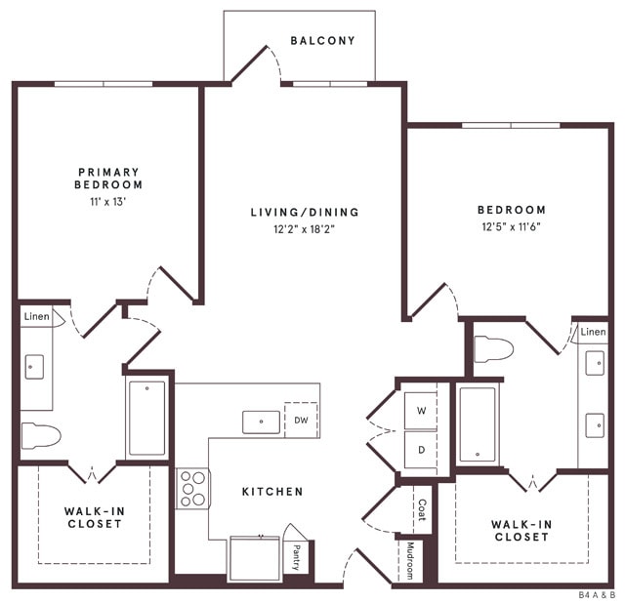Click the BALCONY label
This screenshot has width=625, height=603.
click(x=322, y=41)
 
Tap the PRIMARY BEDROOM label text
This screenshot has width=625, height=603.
click(x=108, y=178)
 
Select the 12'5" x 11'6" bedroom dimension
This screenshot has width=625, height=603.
click(x=511, y=227)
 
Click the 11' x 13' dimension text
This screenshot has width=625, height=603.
click(x=107, y=202)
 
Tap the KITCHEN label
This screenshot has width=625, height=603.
click(x=272, y=492)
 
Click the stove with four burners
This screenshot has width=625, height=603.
click(x=192, y=489)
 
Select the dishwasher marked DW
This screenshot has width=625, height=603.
click(x=301, y=421)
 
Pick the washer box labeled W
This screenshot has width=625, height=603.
click(x=422, y=411)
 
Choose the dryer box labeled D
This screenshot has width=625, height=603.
click(x=422, y=451)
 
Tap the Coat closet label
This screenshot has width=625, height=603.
click(x=422, y=509)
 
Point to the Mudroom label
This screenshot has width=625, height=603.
click(x=411, y=561)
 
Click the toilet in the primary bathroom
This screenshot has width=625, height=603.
click(x=41, y=435)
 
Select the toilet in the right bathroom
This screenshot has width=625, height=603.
click(x=493, y=348)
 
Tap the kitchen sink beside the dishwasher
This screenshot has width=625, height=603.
click(x=262, y=422)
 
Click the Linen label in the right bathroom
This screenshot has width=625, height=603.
click(x=593, y=333)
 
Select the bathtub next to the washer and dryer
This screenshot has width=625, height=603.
click(x=478, y=424)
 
